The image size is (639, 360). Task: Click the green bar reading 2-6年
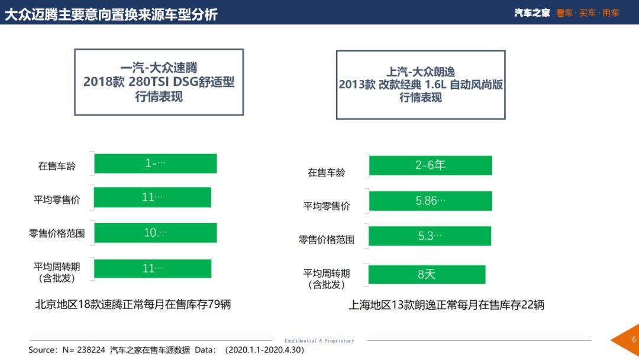coord(430,166)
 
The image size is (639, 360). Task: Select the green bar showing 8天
coord(427,274)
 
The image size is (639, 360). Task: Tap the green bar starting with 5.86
coord(430,201)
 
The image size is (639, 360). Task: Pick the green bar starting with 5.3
coord(430,236)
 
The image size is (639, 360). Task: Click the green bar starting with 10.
coord(155,233)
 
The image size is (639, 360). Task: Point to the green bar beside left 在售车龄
coord(155,163)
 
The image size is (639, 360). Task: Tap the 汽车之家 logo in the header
coord(532,13)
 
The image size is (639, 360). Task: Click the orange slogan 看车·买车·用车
coord(588,13)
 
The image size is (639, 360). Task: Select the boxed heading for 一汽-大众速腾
coord(159,82)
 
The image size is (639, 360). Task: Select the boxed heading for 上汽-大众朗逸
coord(421,85)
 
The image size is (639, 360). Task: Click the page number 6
coord(633,340)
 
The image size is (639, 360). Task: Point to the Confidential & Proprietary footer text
coord(319,341)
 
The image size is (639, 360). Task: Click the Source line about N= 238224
coord(166,350)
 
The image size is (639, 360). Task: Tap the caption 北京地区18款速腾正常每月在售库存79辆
coord(133,304)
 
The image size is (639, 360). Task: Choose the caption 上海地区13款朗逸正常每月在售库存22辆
coord(446,305)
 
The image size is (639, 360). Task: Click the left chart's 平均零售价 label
coord(57,200)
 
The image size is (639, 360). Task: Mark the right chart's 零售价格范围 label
coord(327,240)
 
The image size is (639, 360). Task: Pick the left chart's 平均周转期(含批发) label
coord(57,272)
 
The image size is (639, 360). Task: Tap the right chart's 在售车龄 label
coord(326,173)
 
